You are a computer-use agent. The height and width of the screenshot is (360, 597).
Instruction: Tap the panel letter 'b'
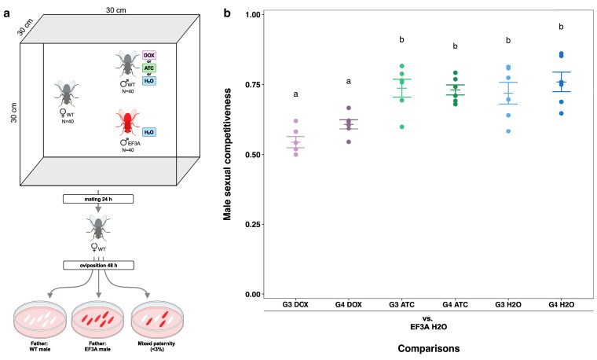227,13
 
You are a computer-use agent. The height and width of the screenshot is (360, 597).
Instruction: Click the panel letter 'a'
5,13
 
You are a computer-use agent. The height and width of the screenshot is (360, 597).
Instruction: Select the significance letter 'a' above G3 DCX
296,94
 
